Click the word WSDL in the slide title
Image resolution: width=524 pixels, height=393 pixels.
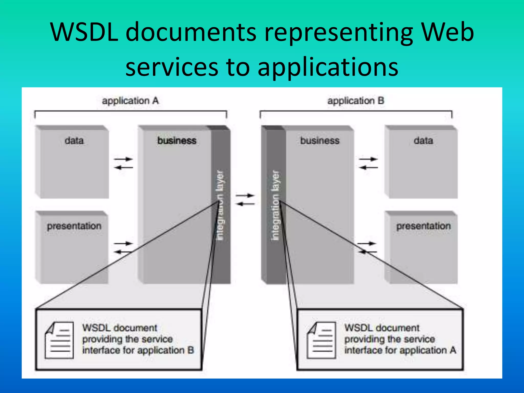click(x=84, y=32)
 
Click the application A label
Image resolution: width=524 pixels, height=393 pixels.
click(x=130, y=101)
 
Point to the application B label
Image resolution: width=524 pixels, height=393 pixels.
click(x=356, y=101)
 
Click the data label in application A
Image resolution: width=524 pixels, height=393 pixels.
click(x=74, y=140)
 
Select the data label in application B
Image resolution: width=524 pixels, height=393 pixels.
click(x=423, y=140)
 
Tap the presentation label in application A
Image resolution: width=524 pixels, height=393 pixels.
click(x=74, y=226)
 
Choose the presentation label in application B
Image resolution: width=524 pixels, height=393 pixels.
click(x=423, y=226)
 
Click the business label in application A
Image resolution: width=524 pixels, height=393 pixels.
click(x=177, y=140)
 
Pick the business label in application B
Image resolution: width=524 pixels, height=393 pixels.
click(x=320, y=140)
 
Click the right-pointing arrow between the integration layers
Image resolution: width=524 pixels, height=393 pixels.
click(x=245, y=195)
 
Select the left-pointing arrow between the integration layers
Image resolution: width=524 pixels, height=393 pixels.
click(x=245, y=204)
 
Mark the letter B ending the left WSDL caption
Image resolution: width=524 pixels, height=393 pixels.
click(x=191, y=350)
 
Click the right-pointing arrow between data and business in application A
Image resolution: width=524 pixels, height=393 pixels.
click(x=124, y=159)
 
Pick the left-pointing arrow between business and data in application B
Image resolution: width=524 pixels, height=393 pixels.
click(x=368, y=168)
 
